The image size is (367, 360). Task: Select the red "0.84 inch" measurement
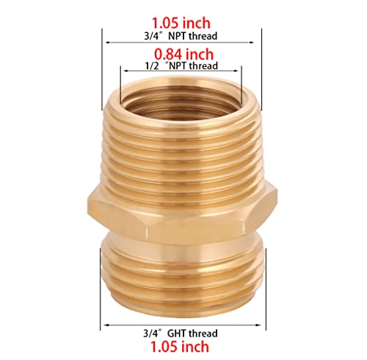coord(183,54)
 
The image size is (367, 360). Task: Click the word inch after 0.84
coord(200,54)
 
